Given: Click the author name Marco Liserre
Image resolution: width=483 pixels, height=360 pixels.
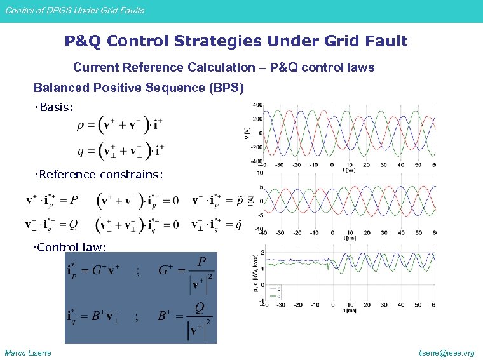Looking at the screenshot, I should tap(28, 353).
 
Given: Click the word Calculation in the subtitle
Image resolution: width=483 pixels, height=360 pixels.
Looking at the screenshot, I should tap(224, 67).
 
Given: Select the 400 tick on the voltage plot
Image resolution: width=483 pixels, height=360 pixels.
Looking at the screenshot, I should tap(257, 105).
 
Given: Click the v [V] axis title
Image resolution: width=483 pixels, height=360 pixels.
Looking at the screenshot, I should tap(247, 133).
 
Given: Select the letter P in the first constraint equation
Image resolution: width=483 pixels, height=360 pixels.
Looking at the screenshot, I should tap(74, 201).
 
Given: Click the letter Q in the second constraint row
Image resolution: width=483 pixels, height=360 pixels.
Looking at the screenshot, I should tap(74, 224).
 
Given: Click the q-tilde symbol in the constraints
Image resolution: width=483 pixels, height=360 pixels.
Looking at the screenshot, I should tap(238, 224).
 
